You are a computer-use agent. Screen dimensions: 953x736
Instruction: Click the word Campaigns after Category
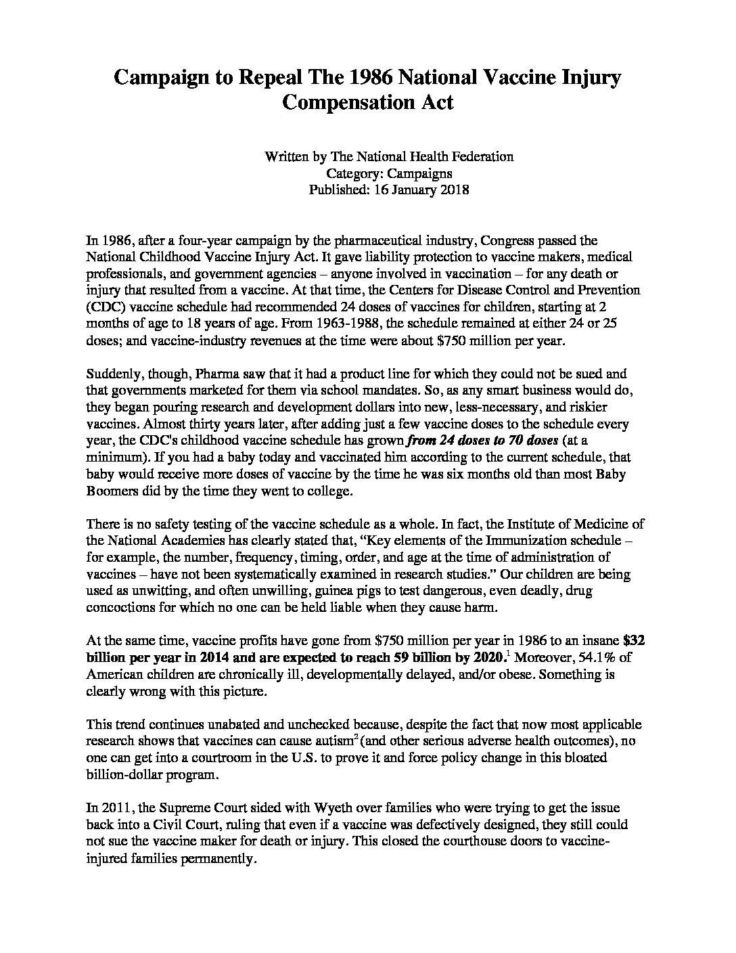[x=420, y=173]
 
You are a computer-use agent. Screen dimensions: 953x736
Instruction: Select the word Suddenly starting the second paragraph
[x=113, y=374]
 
